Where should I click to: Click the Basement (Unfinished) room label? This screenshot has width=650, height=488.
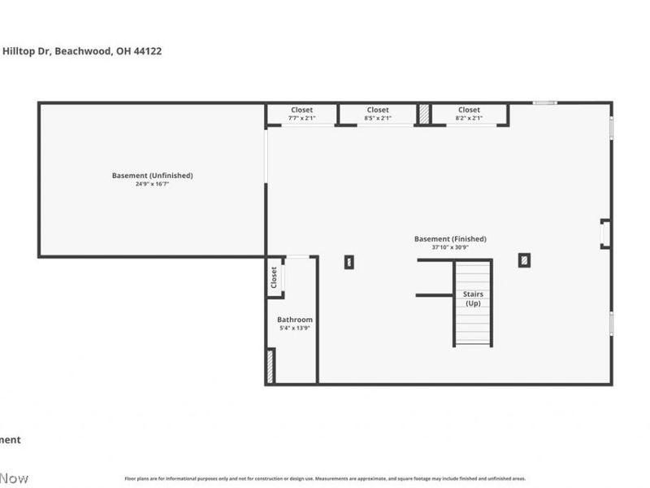[x=152, y=176]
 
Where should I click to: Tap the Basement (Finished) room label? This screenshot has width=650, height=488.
[x=450, y=239]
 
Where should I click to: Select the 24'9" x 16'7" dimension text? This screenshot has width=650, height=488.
[x=152, y=185]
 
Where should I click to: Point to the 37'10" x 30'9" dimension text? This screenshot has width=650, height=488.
[x=450, y=247]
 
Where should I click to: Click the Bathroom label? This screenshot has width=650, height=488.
[x=294, y=320]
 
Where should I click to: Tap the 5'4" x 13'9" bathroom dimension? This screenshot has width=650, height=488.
[x=294, y=328]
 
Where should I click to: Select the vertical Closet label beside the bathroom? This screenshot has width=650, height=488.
[x=275, y=277]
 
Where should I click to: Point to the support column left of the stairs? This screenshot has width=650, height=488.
[x=349, y=262]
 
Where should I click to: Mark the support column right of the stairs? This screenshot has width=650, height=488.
[x=524, y=260]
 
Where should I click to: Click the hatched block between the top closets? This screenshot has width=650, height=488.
[x=424, y=114]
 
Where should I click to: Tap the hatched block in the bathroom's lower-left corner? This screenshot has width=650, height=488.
[x=271, y=366]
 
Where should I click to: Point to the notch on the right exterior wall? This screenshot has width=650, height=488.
[x=605, y=233]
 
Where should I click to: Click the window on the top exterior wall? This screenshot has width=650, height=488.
[x=545, y=102]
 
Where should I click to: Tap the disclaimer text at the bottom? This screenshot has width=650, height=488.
[x=325, y=479]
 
